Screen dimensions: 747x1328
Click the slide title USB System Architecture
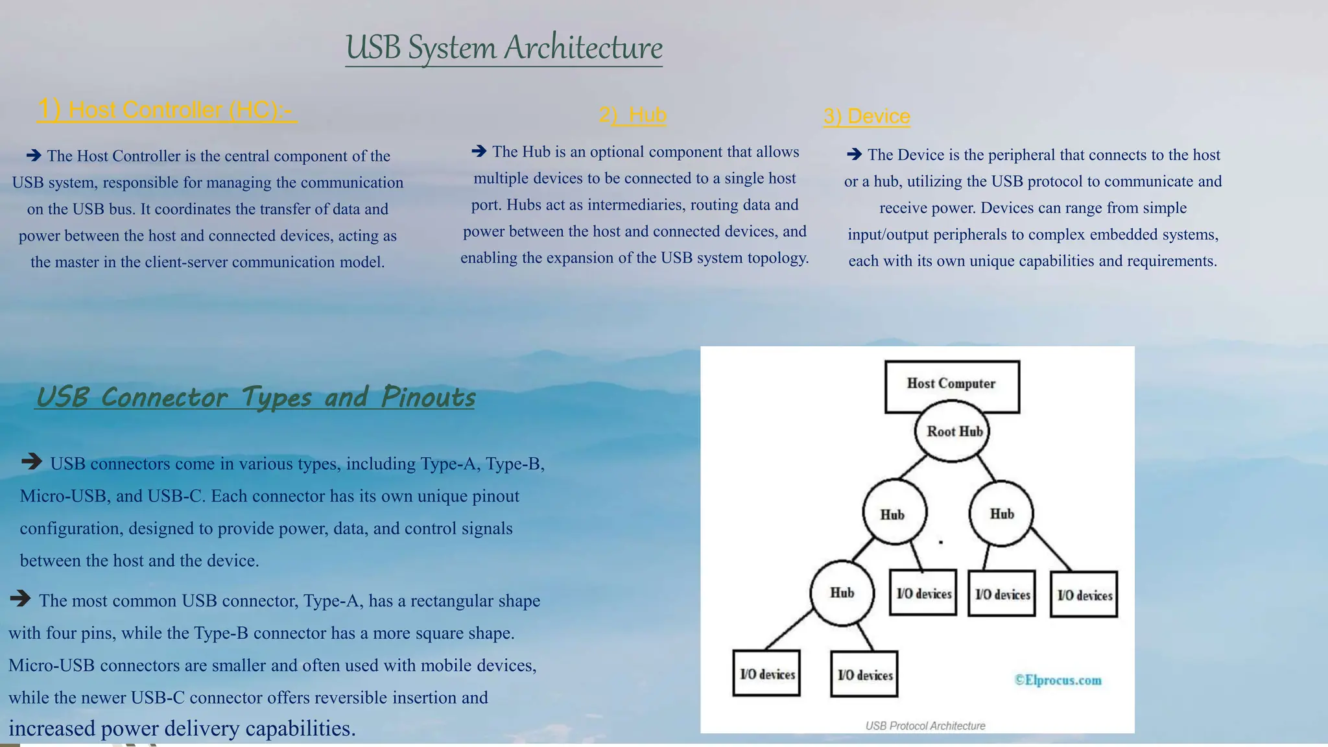(x=504, y=47)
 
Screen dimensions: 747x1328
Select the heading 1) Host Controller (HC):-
(x=167, y=110)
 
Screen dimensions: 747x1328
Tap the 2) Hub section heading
(x=632, y=115)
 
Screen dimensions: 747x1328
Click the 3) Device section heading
(x=866, y=117)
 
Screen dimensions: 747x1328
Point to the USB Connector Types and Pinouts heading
(x=255, y=397)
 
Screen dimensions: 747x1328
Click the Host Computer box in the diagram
(x=951, y=384)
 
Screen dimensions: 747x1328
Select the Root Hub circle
(x=952, y=431)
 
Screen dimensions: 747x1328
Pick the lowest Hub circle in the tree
(x=842, y=593)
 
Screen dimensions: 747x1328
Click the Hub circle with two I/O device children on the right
(x=1001, y=514)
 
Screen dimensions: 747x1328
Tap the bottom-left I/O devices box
(x=766, y=674)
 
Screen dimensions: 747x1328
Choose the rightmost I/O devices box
(x=1084, y=595)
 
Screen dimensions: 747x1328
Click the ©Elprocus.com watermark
(x=1058, y=680)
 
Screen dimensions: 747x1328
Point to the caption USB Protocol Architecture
(x=925, y=726)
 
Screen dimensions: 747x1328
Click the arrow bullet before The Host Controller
(x=34, y=155)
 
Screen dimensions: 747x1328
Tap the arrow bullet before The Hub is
(x=479, y=151)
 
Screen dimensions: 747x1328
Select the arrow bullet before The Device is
(x=854, y=154)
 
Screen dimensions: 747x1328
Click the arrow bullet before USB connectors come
(x=31, y=462)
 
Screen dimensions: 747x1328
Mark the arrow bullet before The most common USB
(x=20, y=598)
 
